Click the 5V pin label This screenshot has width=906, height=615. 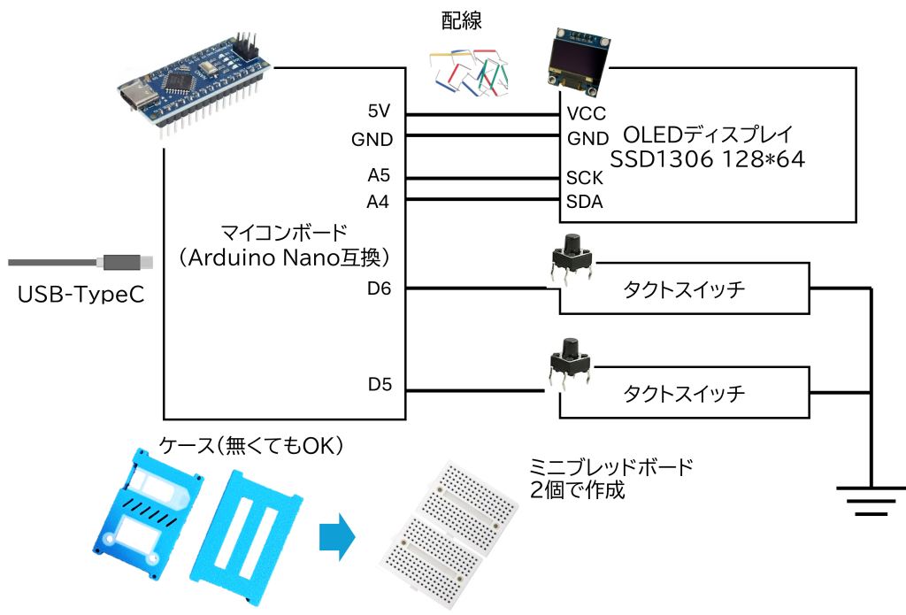[x=379, y=111]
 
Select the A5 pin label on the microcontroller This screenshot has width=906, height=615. [x=379, y=173]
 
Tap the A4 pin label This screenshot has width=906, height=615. [x=379, y=202]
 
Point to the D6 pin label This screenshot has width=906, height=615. [x=379, y=288]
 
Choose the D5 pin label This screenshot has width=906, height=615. [x=380, y=384]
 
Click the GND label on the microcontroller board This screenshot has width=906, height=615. [x=372, y=140]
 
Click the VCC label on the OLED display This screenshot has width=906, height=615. [x=586, y=114]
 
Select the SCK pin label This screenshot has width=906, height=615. [x=585, y=178]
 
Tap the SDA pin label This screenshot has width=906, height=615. [x=585, y=202]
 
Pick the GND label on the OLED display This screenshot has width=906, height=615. [x=587, y=139]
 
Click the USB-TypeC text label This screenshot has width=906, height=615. [x=81, y=294]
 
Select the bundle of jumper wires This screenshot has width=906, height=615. [x=468, y=72]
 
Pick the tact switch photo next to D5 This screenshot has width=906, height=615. [x=568, y=360]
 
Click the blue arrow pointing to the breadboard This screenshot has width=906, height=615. [x=336, y=536]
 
